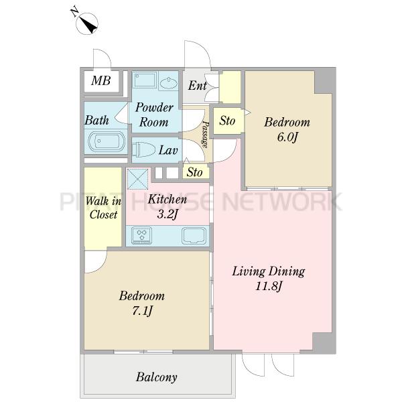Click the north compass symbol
tap(86, 23)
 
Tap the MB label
tap(100, 80)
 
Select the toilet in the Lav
tap(143, 149)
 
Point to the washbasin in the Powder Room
tap(168, 83)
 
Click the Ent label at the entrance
tap(197, 85)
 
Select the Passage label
tap(205, 134)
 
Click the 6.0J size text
tap(287, 137)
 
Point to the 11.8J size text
tap(269, 286)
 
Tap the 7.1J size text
tap(142, 311)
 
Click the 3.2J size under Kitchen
tap(167, 214)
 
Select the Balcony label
tap(156, 377)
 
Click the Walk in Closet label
tap(103, 208)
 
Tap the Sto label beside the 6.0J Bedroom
tap(227, 121)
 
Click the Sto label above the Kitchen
tap(194, 172)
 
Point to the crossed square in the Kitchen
tap(137, 179)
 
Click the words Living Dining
tap(269, 271)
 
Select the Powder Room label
tap(154, 115)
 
